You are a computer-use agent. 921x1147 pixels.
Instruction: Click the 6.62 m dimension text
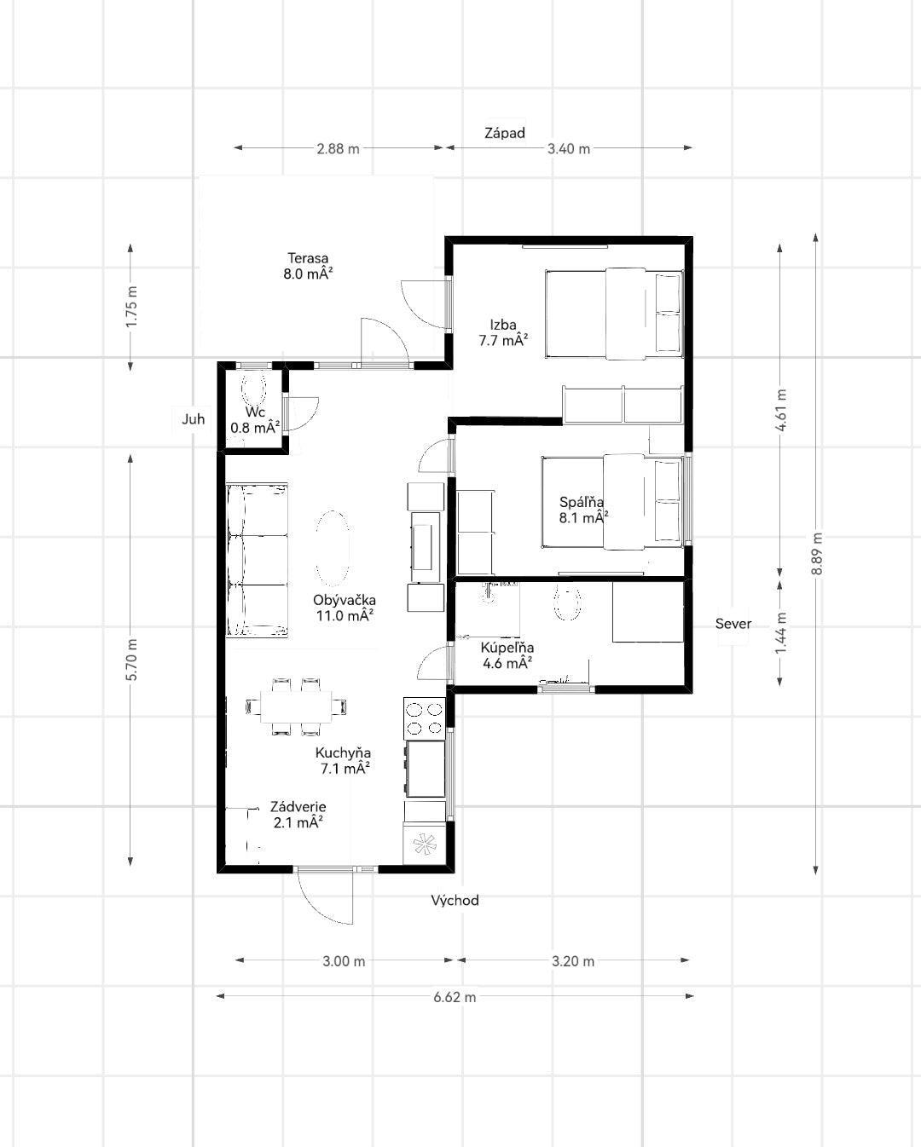point(455,997)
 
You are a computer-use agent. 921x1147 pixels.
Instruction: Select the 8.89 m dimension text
point(817,554)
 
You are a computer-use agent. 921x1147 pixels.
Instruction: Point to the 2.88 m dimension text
point(338,149)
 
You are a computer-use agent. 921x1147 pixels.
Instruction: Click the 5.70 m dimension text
point(131,660)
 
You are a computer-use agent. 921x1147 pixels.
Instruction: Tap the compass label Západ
point(505,133)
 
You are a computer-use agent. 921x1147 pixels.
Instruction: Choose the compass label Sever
point(733,624)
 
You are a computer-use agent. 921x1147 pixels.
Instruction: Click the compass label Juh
point(193,419)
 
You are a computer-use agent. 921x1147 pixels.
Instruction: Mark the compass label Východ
point(455,900)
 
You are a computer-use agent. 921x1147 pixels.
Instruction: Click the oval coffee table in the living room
point(333,548)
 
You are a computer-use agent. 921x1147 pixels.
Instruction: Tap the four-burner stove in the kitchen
point(425,718)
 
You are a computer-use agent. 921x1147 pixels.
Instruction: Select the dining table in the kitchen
point(296,706)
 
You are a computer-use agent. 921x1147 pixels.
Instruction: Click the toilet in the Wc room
point(254,388)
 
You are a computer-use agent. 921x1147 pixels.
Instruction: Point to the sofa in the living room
point(257,560)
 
